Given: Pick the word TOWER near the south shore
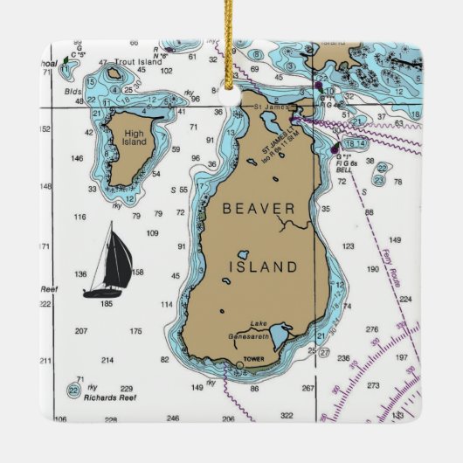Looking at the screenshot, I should tap(254, 359).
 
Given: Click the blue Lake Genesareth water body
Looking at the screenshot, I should tap(280, 335).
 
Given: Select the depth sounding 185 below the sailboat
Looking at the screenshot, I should tap(107, 303).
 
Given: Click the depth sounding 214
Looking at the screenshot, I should tap(107, 359).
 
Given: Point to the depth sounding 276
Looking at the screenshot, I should tap(372, 329).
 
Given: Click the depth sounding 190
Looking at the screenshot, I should tap(373, 269).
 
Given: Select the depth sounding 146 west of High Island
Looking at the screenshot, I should tap(78, 158).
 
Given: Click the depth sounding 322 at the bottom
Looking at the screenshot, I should tap(287, 415).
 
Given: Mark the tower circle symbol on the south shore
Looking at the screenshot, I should tap(239, 365).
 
